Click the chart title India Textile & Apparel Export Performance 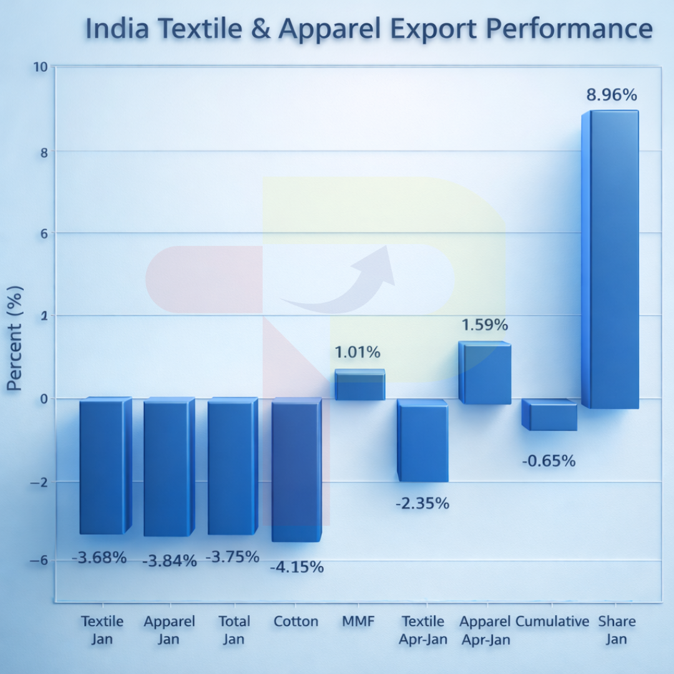tap(368, 29)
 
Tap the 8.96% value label tap(611, 95)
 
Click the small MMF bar tap(360, 384)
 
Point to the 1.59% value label tap(484, 325)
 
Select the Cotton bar tap(296, 471)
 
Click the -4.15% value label tap(296, 567)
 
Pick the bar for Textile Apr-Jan tap(422, 441)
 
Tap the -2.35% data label tap(422, 503)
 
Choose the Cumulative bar tap(549, 415)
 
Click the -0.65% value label tap(549, 461)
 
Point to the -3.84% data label tap(169, 561)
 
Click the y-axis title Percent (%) tap(15, 338)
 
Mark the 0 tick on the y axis tap(44, 399)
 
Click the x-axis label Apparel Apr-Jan tap(485, 630)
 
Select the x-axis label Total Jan tap(234, 630)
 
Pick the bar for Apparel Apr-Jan tap(484, 373)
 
